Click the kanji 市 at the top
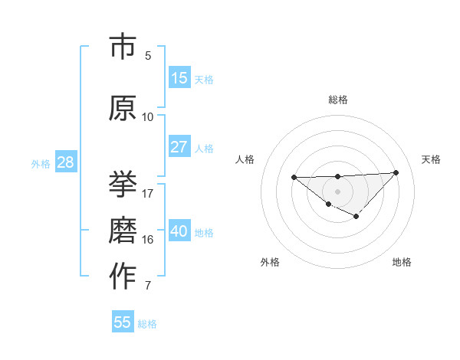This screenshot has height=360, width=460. coord(123,47)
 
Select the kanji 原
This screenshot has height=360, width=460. coord(123,109)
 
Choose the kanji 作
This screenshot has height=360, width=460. coord(123,277)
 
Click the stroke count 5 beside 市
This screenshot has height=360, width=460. coord(148,56)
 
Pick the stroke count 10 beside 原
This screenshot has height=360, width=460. coord(148,117)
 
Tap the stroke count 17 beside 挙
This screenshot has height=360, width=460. coord(148,193)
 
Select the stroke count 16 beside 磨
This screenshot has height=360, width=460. coord(148,240)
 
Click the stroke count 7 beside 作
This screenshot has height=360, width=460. coord(148,286)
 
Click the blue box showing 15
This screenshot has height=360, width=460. coord(179,78)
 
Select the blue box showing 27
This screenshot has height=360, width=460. coord(179,147)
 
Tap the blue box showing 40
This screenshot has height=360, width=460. coord(179,231)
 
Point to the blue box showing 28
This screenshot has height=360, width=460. coord(64,162)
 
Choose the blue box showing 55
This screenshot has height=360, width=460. coord(123,322)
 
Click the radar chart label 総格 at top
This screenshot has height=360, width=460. coord(338,100)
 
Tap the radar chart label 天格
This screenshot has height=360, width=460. coord(431,159)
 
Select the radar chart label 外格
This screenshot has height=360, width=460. coord(270,262)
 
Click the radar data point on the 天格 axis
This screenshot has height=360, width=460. coord(396,172)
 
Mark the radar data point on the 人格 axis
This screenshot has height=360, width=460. coord(294,178)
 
